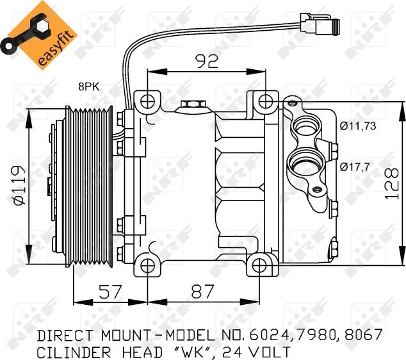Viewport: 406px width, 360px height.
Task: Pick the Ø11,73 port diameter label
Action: tap(358, 126)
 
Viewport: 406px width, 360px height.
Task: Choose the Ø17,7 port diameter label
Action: tap(354, 167)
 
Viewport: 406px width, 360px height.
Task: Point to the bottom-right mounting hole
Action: tap(259, 265)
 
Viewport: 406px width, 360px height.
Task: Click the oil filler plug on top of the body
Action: tap(191, 105)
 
